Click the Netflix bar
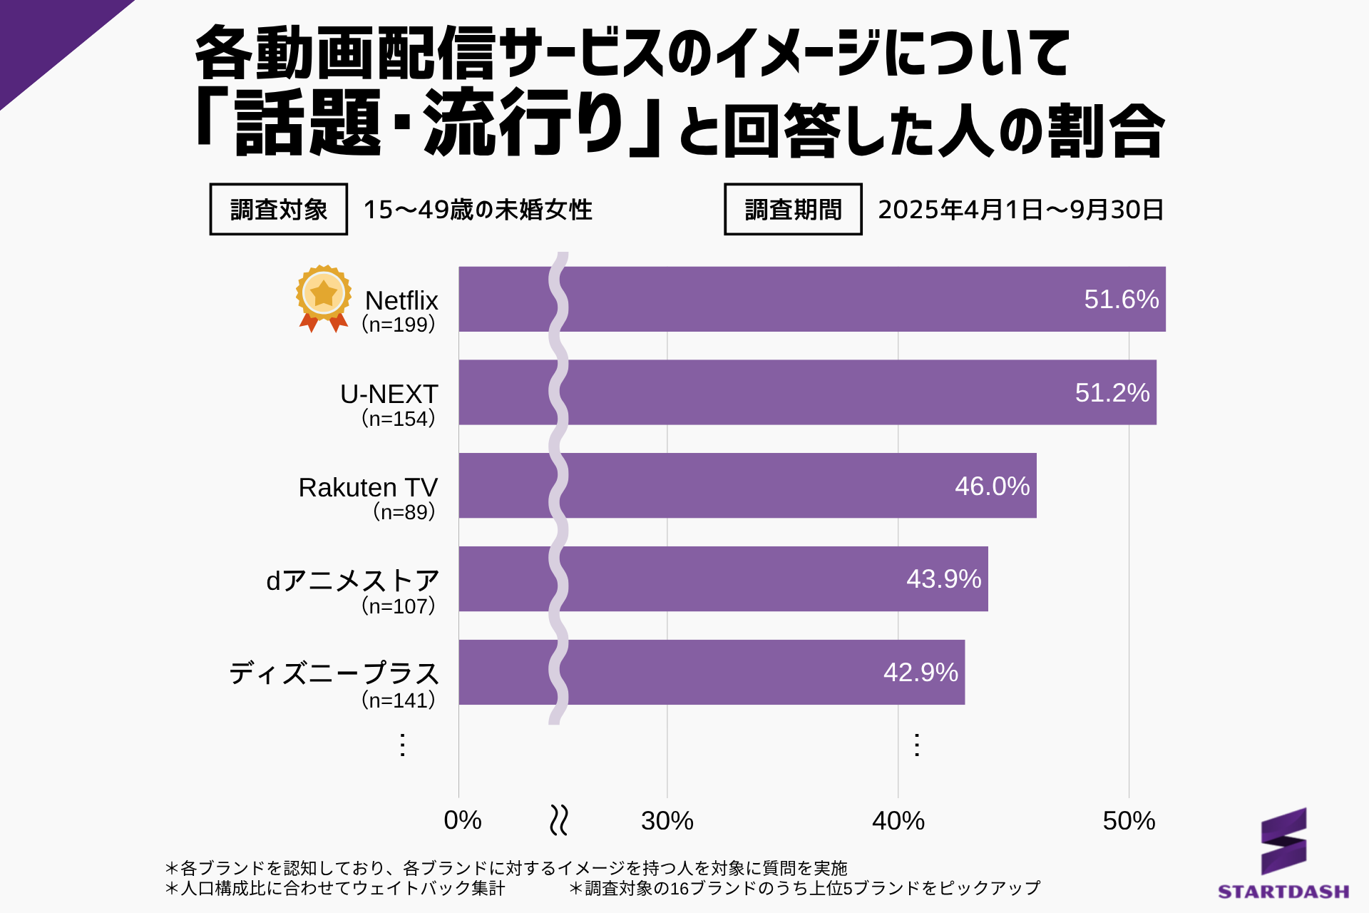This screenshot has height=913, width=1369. point(811,299)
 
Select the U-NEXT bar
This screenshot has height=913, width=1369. point(807,392)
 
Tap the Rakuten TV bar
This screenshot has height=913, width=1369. point(747,486)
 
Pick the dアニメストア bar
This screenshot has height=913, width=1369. point(723,578)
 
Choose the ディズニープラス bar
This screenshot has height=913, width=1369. point(712,672)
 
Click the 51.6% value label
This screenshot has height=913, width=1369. point(1121,300)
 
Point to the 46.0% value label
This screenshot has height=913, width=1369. point(992,486)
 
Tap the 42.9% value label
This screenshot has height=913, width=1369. point(921,673)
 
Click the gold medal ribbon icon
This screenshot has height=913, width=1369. point(324,298)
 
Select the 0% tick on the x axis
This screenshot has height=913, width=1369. point(462,821)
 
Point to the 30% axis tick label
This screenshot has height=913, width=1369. point(667,821)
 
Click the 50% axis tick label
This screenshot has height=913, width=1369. point(1128,821)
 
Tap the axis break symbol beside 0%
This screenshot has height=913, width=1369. point(559,820)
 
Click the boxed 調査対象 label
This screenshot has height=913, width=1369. point(278,210)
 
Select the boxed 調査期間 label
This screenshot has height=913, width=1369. point(793,210)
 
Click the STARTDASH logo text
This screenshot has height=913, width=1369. point(1283,892)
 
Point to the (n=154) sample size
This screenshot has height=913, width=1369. point(398,418)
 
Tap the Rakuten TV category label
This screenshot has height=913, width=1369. point(368,488)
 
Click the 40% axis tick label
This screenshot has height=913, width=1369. point(898,821)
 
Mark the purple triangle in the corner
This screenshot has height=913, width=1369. point(43,36)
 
